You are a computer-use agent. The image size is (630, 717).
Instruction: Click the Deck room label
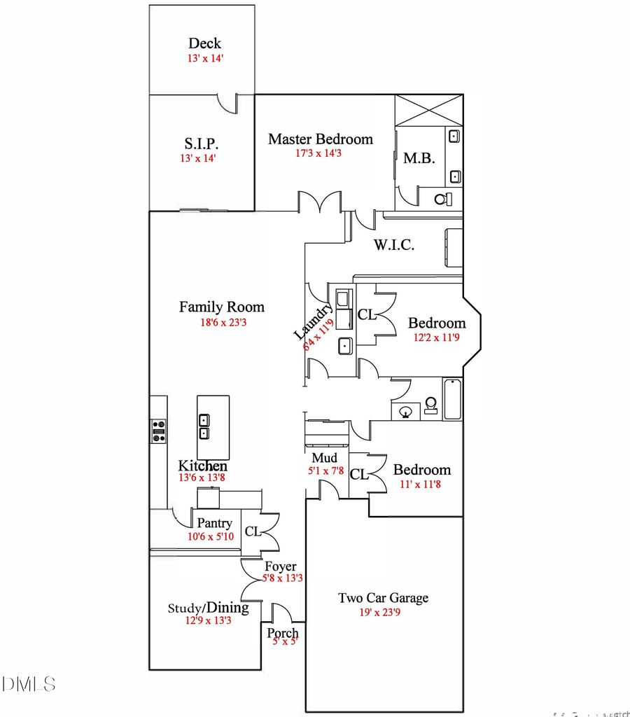pos(205,44)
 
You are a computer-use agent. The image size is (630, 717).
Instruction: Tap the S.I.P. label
pos(202,144)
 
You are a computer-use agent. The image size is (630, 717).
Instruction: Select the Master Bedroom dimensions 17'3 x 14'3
pos(320,153)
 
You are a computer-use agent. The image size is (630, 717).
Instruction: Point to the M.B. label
pos(419,159)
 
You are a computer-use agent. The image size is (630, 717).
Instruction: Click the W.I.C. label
pos(394,245)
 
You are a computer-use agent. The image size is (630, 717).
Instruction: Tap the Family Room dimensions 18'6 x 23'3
pos(222,323)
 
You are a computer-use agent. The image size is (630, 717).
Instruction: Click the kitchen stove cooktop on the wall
pos(158,431)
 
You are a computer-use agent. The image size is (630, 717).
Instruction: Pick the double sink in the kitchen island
pos(204,426)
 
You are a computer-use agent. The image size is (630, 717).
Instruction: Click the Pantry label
pos(214,523)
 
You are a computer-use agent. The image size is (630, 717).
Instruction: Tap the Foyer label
pos(280,566)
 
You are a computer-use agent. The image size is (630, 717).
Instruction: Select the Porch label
pos(283,633)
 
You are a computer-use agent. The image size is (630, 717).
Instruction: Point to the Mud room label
pos(324,458)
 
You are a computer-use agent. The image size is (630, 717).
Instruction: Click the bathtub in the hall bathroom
pos(452,399)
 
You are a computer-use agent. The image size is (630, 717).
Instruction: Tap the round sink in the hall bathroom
pos(405,412)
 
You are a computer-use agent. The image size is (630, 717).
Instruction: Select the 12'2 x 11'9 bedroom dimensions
pos(436,337)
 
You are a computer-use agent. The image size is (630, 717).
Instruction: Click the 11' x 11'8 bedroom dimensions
pos(421,484)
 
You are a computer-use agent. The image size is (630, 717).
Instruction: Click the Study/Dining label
pos(208,608)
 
